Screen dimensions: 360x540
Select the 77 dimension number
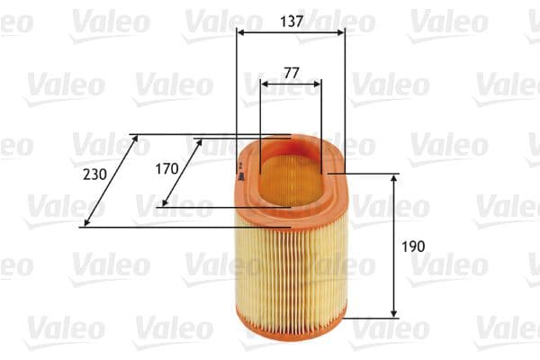pyautogui.click(x=290, y=72)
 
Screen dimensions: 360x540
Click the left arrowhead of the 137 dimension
pyautogui.click(x=241, y=32)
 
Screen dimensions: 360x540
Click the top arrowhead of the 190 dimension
pyautogui.click(x=394, y=179)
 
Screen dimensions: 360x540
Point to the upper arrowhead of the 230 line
pyautogui.click(x=135, y=139)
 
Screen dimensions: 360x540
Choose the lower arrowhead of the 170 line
pyautogui.click(x=163, y=202)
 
